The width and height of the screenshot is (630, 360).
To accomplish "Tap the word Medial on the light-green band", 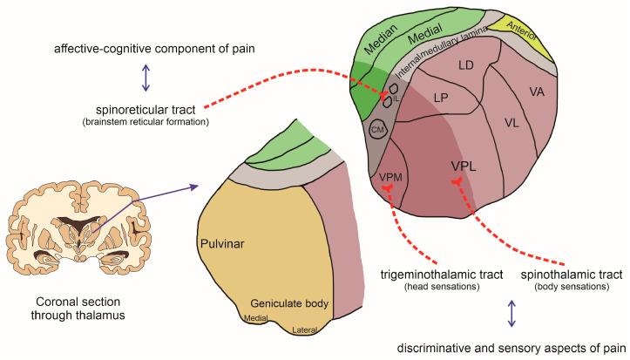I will point(428,37).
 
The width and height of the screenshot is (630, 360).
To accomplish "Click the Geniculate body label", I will point(287,302).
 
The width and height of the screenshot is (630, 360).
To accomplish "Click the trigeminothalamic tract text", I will point(442,275).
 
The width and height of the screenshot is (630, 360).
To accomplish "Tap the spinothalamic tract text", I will point(571,275).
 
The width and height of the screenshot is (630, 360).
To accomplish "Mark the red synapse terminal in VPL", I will point(456,181).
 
